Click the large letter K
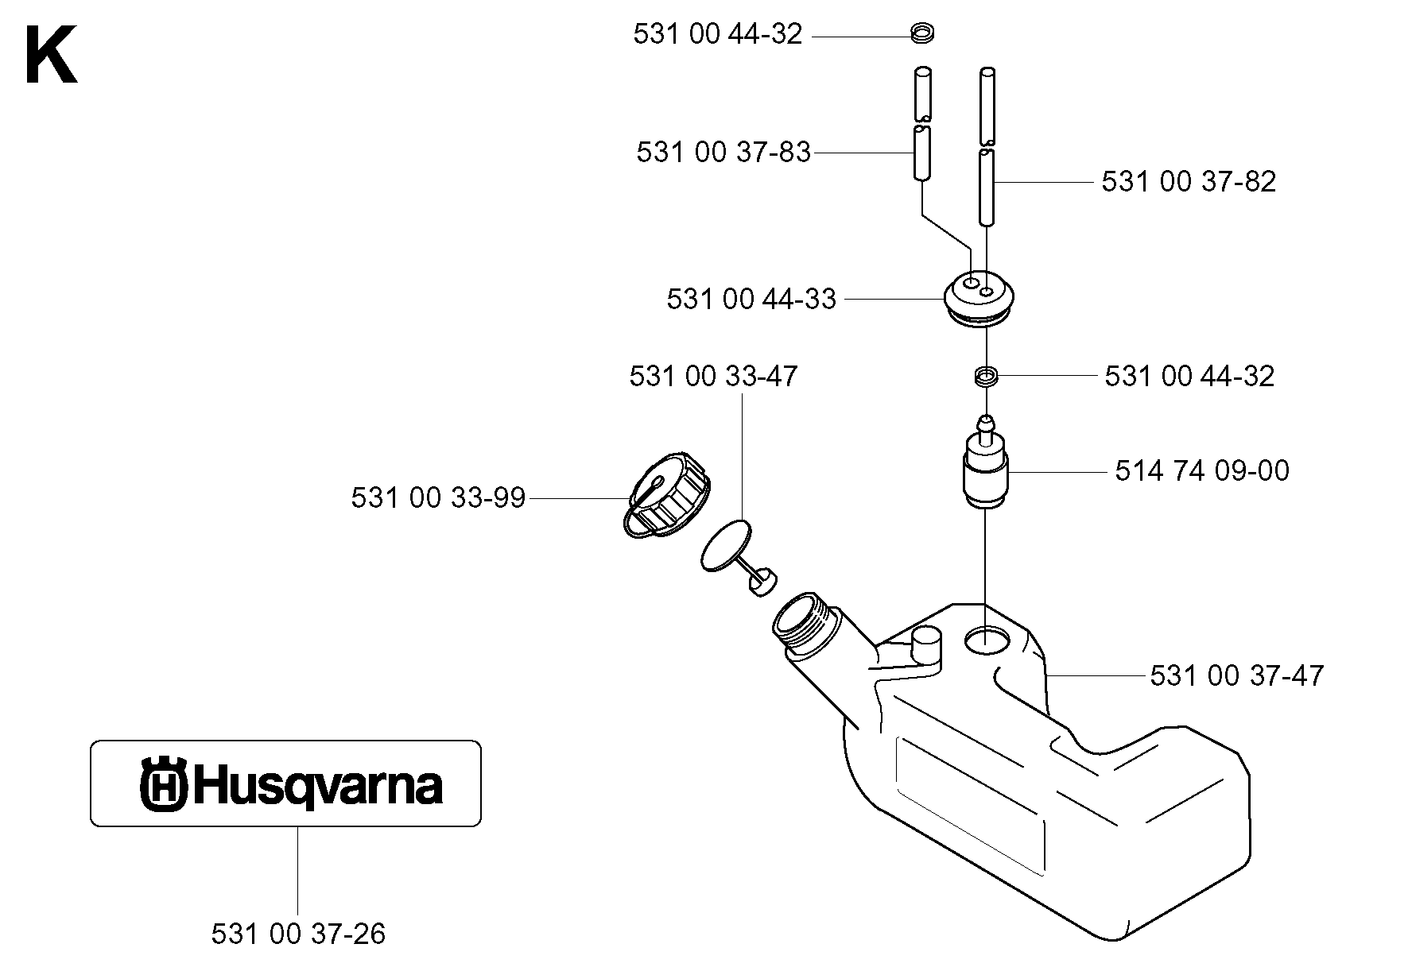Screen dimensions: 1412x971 point(51,55)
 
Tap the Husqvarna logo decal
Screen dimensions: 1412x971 point(285,783)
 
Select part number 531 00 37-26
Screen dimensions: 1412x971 point(298,934)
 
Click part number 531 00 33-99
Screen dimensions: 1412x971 point(438,498)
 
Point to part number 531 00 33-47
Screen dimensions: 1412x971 point(713,376)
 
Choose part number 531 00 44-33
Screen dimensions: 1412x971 point(751,299)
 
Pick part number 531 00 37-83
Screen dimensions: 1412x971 point(723,152)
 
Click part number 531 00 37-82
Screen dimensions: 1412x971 point(1189,182)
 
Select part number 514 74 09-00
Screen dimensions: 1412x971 point(1202,470)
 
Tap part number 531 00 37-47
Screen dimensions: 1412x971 point(1237,675)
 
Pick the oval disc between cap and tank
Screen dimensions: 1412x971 point(727,544)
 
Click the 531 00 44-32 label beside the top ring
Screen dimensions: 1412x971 point(718,34)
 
